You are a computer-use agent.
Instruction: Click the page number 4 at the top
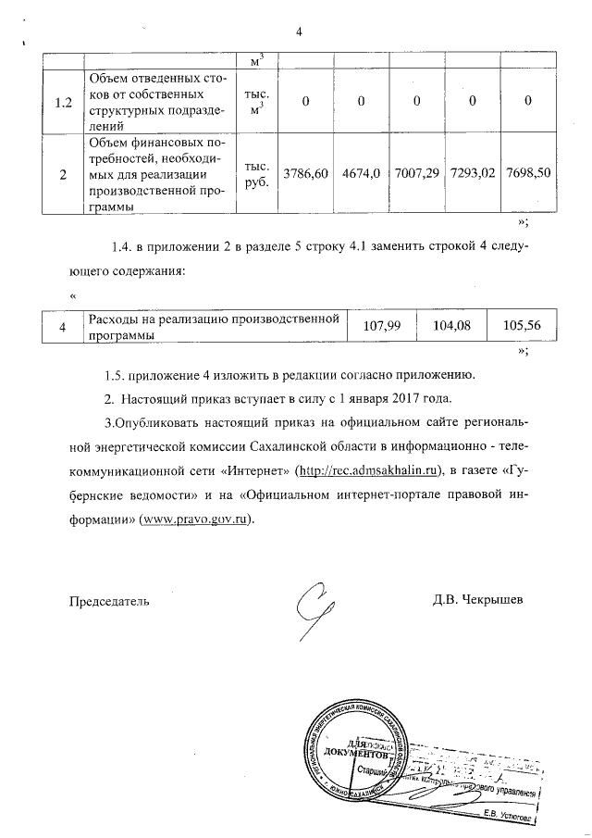pyautogui.click(x=299, y=33)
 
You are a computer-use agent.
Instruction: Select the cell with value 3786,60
pyautogui.click(x=306, y=174)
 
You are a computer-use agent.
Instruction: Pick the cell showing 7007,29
pyautogui.click(x=415, y=174)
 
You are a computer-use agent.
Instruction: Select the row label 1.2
pyautogui.click(x=63, y=102)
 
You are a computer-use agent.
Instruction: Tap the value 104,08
pyautogui.click(x=451, y=326)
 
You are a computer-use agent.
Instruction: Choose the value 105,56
pyautogui.click(x=521, y=326)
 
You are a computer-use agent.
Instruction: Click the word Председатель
pyautogui.click(x=110, y=599)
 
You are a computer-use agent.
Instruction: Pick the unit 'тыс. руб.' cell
pyautogui.click(x=256, y=174)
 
